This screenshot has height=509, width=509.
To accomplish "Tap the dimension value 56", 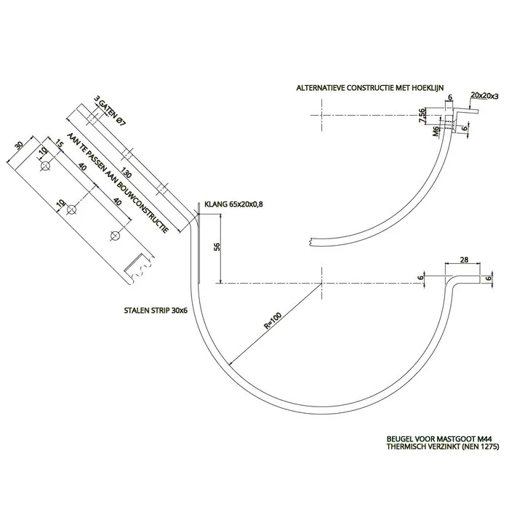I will (217, 246).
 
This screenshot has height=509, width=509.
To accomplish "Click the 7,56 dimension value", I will (423, 116).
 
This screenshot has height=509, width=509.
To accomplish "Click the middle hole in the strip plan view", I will (71, 211).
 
